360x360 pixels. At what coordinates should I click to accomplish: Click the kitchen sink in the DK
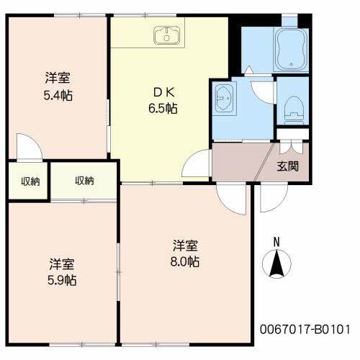pyautogui.click(x=167, y=35)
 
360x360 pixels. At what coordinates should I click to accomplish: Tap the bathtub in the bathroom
pyautogui.click(x=291, y=50)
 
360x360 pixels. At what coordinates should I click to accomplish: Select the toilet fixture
pyautogui.click(x=293, y=110)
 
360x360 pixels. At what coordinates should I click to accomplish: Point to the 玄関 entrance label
pyautogui.click(x=288, y=166)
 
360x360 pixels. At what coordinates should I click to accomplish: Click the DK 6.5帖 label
pyautogui.click(x=163, y=100)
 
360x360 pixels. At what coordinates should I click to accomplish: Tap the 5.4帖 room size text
pyautogui.click(x=58, y=96)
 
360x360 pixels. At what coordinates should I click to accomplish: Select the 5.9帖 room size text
pyautogui.click(x=62, y=280)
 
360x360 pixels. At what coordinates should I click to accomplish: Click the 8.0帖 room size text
pyautogui.click(x=185, y=261)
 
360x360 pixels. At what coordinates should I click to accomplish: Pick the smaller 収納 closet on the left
pyautogui.click(x=30, y=181)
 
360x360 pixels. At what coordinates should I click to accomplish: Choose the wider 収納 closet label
pyautogui.click(x=84, y=181)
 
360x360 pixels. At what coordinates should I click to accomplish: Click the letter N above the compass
pyautogui.click(x=276, y=242)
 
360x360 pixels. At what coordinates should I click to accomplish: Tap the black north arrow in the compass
pyautogui.click(x=276, y=264)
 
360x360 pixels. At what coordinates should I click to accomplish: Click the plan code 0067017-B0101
pyautogui.click(x=305, y=329)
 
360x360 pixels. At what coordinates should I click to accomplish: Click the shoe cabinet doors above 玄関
pyautogui.click(x=291, y=148)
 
